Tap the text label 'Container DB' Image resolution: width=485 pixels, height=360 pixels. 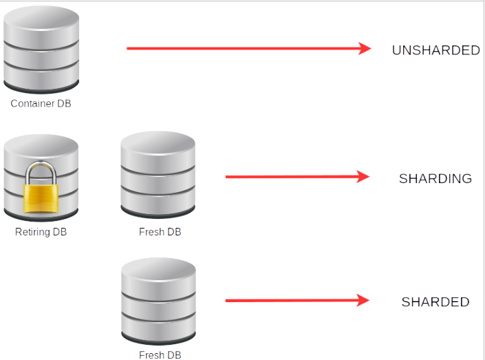click(x=41, y=104)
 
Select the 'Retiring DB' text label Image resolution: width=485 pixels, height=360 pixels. click(x=41, y=232)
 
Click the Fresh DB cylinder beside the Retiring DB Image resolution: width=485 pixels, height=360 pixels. click(x=158, y=176)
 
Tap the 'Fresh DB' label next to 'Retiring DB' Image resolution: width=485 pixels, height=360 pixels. click(x=160, y=232)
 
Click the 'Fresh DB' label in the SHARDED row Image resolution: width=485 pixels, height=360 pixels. click(x=160, y=355)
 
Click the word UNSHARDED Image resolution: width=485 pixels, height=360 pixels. click(x=435, y=50)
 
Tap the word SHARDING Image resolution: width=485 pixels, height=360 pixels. click(x=435, y=179)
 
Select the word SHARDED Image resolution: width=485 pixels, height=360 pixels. click(x=435, y=302)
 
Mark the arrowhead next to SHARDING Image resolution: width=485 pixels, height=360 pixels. click(x=364, y=177)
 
